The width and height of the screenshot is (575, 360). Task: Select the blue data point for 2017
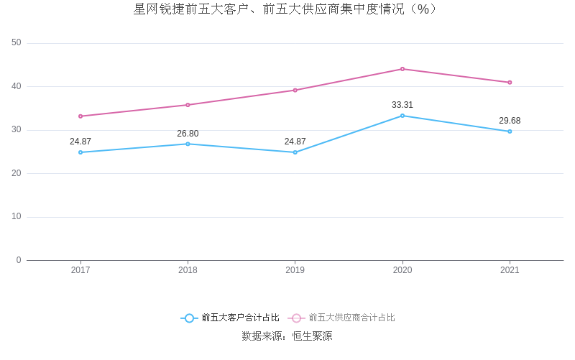pyautogui.click(x=80, y=152)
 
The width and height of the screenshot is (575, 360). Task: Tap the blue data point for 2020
pyautogui.click(x=402, y=116)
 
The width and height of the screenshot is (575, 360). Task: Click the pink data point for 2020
pyautogui.click(x=402, y=69)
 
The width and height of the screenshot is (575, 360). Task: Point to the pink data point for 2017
pyautogui.click(x=80, y=116)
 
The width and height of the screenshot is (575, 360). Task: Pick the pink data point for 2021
pyautogui.click(x=510, y=83)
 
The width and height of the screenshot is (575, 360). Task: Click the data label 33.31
pyautogui.click(x=402, y=105)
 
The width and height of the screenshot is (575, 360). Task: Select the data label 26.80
pyautogui.click(x=188, y=134)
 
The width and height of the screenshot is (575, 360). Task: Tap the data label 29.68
pyautogui.click(x=510, y=121)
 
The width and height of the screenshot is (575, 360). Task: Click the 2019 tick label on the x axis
pyautogui.click(x=295, y=270)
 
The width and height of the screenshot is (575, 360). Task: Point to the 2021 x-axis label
pyautogui.click(x=510, y=270)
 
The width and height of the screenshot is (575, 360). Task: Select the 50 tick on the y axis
pyautogui.click(x=17, y=43)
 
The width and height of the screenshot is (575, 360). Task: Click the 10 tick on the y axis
pyautogui.click(x=17, y=217)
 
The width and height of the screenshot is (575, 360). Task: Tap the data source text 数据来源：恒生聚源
pyautogui.click(x=287, y=336)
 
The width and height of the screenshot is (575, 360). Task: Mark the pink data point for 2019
pyautogui.click(x=295, y=91)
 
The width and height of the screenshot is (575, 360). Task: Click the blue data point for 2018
pyautogui.click(x=188, y=144)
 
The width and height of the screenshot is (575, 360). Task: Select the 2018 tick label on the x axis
pyautogui.click(x=188, y=270)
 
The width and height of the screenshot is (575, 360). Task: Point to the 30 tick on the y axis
pyautogui.click(x=17, y=130)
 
